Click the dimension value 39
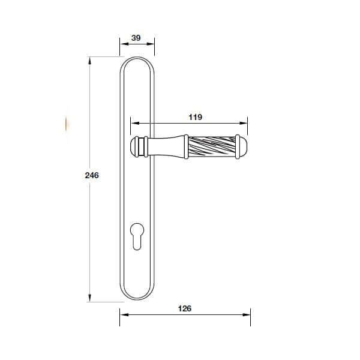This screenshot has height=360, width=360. [136, 38]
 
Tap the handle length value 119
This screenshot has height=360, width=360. [195, 118]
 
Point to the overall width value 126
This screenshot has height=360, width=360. [185, 308]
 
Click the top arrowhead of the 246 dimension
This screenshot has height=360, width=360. [89, 60]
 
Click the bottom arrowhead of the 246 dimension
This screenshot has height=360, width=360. [89, 297]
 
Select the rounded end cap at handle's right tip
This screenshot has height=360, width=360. [242, 148]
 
